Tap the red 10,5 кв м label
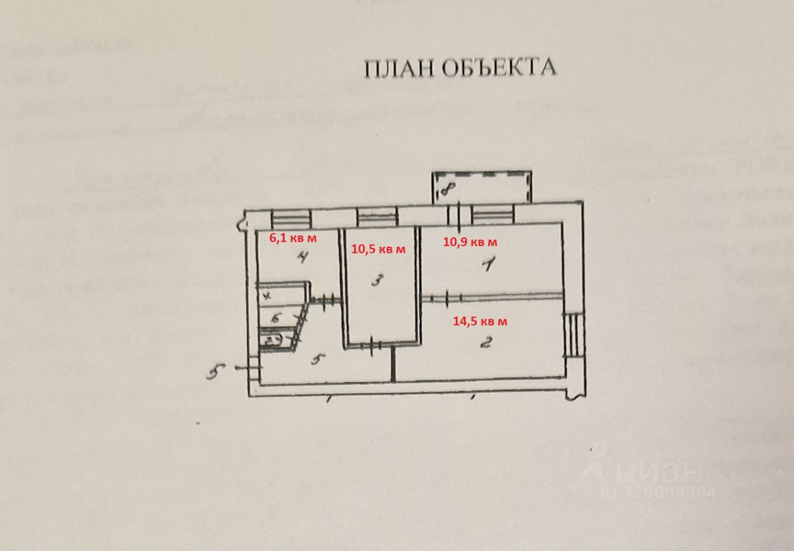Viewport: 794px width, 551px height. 378,249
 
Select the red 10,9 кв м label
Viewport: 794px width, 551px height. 470,242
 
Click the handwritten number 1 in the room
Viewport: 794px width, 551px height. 488,265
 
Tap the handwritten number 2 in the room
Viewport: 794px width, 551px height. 486,342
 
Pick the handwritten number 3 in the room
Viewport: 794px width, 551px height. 376,281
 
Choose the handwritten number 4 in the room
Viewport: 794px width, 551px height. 302,257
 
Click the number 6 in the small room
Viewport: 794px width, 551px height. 277,318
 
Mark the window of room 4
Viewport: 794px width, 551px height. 291,218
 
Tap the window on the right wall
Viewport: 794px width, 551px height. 573,334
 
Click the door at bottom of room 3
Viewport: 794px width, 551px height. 371,345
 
